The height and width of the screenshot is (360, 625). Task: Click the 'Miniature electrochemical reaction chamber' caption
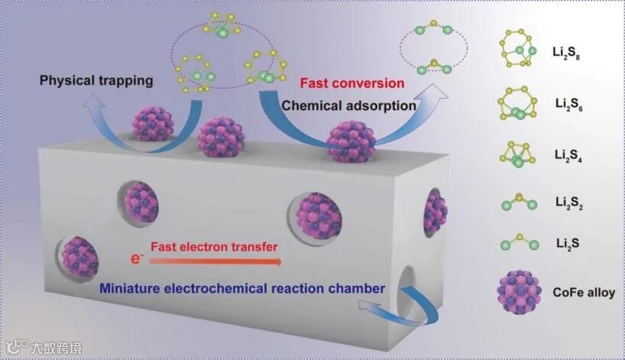point(241,289)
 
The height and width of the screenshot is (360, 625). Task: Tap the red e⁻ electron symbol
point(137,260)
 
